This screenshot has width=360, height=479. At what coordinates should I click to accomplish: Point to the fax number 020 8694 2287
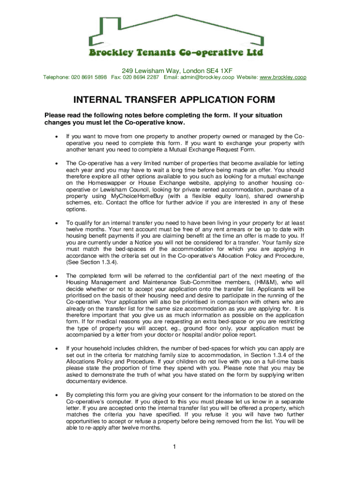[141, 77]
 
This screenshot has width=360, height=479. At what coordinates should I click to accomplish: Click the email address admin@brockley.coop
[208, 77]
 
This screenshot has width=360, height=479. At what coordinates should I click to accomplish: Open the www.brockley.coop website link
[283, 77]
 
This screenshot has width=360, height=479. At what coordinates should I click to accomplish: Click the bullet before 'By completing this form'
[56, 395]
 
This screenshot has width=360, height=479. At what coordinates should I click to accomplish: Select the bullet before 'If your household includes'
[56, 348]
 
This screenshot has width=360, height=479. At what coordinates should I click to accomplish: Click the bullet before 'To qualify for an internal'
[56, 223]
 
